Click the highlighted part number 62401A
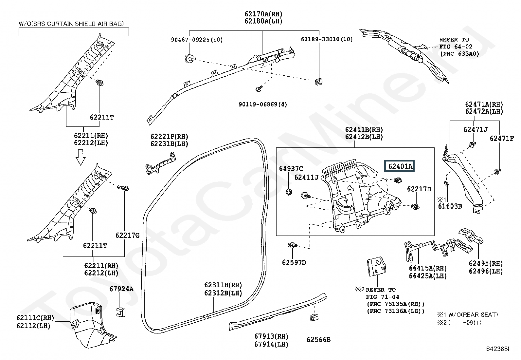[x=399, y=166]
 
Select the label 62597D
[x=294, y=262]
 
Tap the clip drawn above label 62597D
[x=292, y=245]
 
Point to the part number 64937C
[x=291, y=168]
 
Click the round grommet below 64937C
[x=289, y=192]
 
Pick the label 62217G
[x=127, y=236]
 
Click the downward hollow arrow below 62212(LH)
[x=81, y=157]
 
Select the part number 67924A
[x=121, y=289]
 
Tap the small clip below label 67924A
[x=121, y=312]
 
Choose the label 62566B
[x=318, y=339]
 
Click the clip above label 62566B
[x=314, y=317]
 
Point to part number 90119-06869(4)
[x=263, y=104]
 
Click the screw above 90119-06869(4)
[x=259, y=88]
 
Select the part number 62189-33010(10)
[x=327, y=39]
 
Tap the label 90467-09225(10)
[x=197, y=40]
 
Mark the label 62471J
[x=475, y=129]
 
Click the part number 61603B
[x=450, y=206]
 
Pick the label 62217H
[x=419, y=189]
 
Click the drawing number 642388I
[x=497, y=349]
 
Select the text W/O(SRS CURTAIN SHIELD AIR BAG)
[x=71, y=24]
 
